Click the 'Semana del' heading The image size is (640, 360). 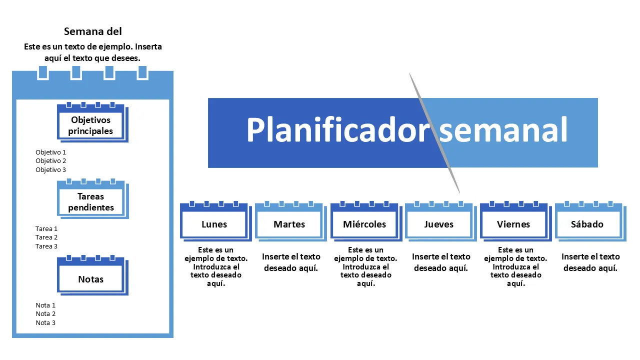point(93,31)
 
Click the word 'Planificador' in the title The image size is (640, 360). point(338,130)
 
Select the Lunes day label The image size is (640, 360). point(214,224)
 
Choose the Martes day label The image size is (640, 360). point(289,224)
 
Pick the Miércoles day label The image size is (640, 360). point(364,224)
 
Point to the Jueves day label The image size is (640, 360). point(439,224)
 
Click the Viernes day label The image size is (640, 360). point(513,224)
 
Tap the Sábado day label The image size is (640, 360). point(587,224)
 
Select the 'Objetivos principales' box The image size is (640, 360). point(90,125)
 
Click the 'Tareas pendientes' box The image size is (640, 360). point(91,202)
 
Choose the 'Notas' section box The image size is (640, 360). point(91,279)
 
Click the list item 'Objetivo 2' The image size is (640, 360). point(51,161)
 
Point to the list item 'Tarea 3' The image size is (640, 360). point(46,246)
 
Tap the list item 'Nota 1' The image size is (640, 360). point(45,305)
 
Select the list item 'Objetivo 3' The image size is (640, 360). point(51,170)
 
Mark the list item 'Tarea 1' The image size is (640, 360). point(46,228)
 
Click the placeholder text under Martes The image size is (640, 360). point(291,262)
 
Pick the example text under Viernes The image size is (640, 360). point(515,266)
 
